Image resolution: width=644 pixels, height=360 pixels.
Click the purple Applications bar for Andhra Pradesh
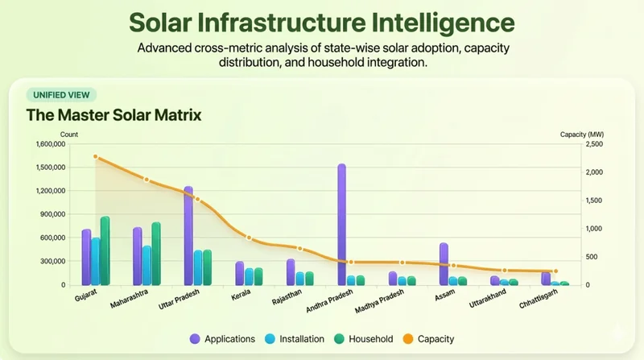click(x=341, y=225)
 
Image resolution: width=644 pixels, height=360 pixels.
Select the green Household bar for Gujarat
click(x=105, y=250)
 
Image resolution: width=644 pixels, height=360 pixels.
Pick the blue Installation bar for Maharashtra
click(x=147, y=265)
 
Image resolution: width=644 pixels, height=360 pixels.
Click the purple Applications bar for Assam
click(x=444, y=263)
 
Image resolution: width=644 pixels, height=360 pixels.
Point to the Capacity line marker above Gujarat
click(x=95, y=157)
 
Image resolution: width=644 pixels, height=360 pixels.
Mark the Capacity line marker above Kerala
click(x=249, y=238)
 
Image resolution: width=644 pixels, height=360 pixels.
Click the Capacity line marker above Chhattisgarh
click(x=555, y=271)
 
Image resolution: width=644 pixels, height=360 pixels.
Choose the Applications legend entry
click(x=221, y=339)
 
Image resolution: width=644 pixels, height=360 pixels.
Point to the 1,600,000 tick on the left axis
click(x=50, y=144)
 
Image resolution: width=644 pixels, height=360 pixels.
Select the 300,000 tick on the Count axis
click(x=53, y=261)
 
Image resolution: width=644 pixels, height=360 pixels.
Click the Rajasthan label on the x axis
click(x=286, y=300)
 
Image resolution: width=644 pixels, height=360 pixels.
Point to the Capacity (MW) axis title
click(x=582, y=134)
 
